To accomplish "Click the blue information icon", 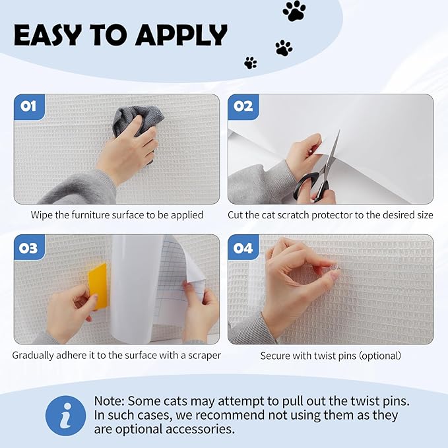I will tap(65, 416).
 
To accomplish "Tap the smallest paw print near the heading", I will tap(251, 63).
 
